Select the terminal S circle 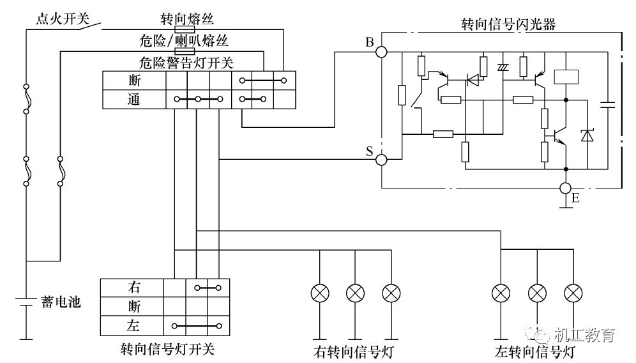click(x=381, y=159)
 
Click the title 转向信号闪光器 click(x=507, y=24)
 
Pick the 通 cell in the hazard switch click(x=135, y=99)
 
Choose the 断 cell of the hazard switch click(x=135, y=81)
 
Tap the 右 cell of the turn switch click(x=133, y=288)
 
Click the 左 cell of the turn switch click(x=133, y=326)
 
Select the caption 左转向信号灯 click(x=536, y=351)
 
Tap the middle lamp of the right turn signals click(x=355, y=293)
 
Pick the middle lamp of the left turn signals click(x=538, y=293)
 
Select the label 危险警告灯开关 click(x=186, y=63)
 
